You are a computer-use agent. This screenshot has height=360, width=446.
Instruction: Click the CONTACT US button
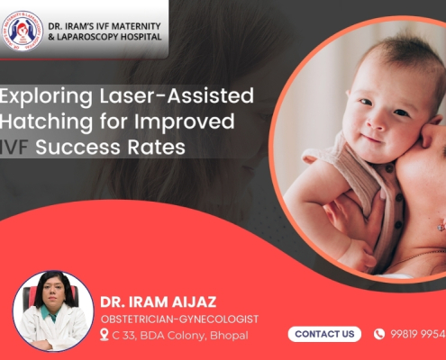tap(324, 334)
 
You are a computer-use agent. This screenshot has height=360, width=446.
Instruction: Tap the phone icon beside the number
tap(379, 334)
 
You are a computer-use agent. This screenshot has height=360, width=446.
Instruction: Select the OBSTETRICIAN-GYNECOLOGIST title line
tap(178, 319)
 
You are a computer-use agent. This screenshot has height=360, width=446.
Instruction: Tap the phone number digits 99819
tap(405, 334)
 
